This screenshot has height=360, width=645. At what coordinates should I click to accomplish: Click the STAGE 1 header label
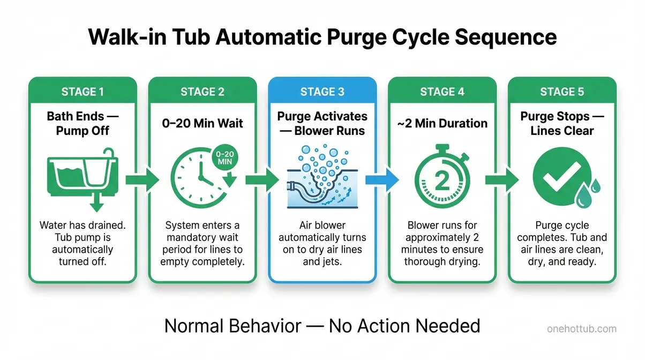82,92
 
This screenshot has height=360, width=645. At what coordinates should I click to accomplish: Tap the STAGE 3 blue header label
322,92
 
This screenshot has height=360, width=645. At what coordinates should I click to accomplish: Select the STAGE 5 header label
561,92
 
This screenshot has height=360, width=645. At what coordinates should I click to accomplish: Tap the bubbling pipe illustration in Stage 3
322,179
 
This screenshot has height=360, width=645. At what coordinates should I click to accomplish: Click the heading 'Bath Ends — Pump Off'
82,124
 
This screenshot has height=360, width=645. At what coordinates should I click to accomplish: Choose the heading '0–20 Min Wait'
202,123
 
